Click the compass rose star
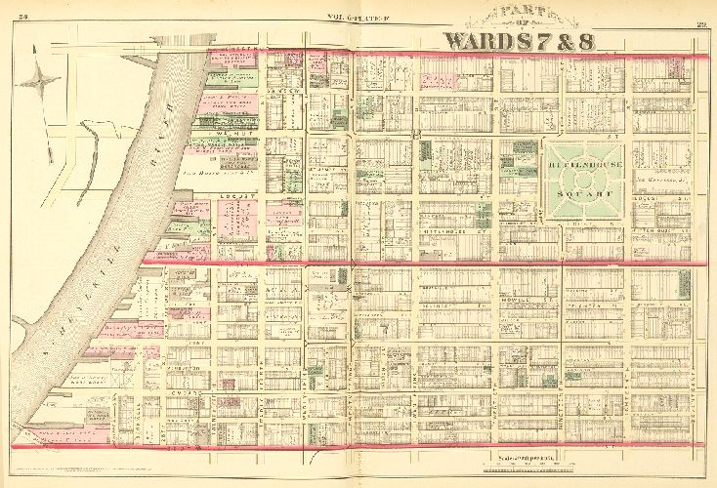40,80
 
